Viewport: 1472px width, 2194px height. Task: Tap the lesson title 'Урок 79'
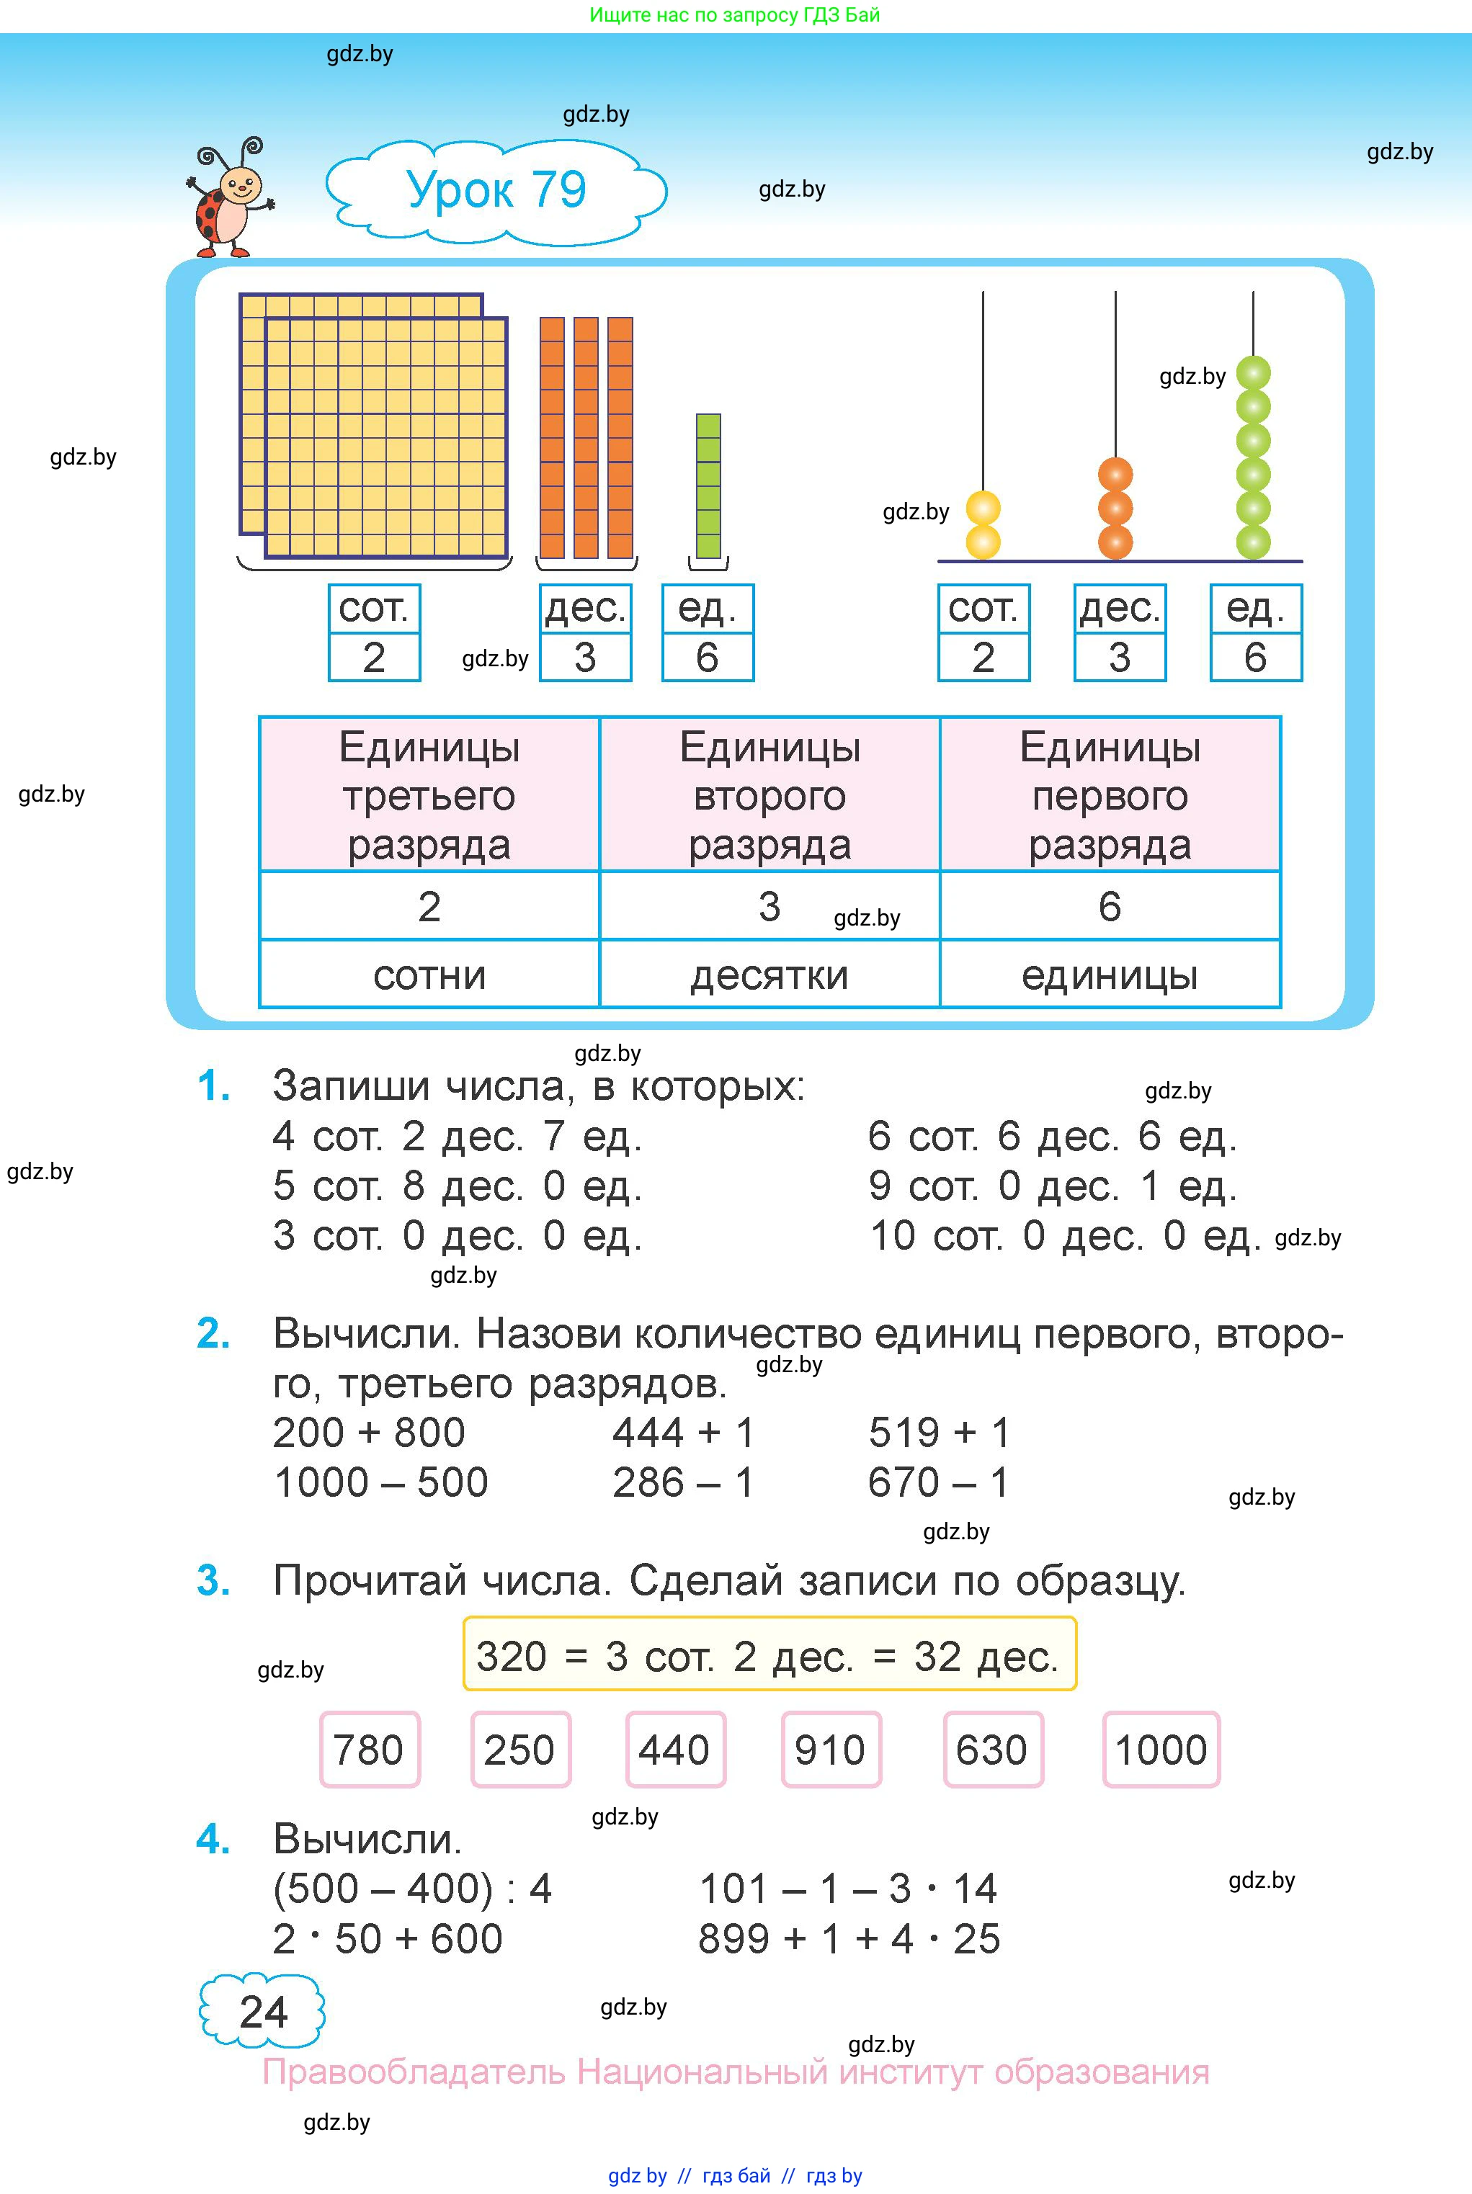coord(496,190)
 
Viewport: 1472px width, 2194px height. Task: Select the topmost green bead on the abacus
coord(1252,372)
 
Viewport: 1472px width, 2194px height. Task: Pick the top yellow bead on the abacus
coord(983,509)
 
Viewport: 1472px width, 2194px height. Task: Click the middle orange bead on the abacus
coord(1115,508)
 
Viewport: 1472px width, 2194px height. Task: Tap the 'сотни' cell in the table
coord(429,975)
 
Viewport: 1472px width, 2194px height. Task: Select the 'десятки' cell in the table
coord(769,975)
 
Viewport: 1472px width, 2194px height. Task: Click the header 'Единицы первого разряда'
coord(1110,794)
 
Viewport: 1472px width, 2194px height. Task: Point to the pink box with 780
coord(369,1749)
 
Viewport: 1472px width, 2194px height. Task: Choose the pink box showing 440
coord(674,1749)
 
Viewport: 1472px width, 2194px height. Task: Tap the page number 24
coord(263,2012)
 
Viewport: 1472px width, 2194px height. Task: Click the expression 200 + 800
coord(369,1433)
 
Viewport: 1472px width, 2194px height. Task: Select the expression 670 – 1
coord(938,1482)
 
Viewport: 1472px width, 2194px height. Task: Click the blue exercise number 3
coord(213,1581)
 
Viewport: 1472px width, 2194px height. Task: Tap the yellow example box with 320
coord(768,1656)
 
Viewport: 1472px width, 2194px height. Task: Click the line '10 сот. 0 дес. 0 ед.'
coord(1065,1236)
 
